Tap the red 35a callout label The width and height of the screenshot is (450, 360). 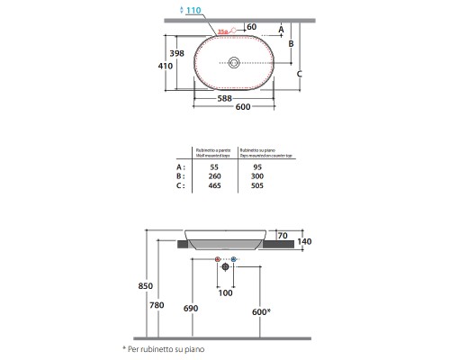222,33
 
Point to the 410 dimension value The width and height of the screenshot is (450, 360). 164,67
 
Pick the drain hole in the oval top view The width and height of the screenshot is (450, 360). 234,63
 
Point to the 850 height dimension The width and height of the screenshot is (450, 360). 132,287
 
